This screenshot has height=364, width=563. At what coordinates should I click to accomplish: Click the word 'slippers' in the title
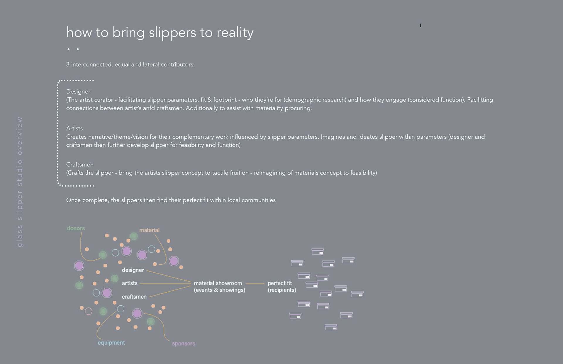[x=172, y=33]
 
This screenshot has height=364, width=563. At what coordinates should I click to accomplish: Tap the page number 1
[x=420, y=25]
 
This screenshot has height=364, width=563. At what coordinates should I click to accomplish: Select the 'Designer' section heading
[x=78, y=91]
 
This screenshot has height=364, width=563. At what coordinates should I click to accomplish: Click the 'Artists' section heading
[x=74, y=128]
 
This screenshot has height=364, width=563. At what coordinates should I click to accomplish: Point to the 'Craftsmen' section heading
[x=80, y=164]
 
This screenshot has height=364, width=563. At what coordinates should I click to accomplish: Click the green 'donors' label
[x=76, y=228]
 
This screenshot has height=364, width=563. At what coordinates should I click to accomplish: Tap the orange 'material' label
[x=149, y=230]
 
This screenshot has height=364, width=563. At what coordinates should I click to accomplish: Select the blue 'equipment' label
[x=111, y=343]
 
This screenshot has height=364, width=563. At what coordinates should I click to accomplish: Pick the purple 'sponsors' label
[x=184, y=343]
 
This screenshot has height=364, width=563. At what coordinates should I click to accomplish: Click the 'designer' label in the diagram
[x=133, y=270]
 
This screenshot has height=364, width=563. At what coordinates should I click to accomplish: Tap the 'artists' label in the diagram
[x=130, y=283]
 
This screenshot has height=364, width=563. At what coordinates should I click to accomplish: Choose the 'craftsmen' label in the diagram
[x=134, y=297]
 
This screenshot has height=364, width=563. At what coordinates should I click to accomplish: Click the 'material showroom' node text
[x=218, y=283]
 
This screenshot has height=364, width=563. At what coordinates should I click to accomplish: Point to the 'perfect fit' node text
[x=280, y=283]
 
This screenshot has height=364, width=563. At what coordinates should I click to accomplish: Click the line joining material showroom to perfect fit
[x=255, y=283]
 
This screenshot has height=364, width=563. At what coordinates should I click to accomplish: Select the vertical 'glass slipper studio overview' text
[x=20, y=182]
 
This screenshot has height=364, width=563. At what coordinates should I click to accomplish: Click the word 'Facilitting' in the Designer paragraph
[x=480, y=100]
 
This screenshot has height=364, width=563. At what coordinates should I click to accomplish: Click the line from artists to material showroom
[x=164, y=283]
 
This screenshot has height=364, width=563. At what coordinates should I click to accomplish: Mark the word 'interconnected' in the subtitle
[x=92, y=64]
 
